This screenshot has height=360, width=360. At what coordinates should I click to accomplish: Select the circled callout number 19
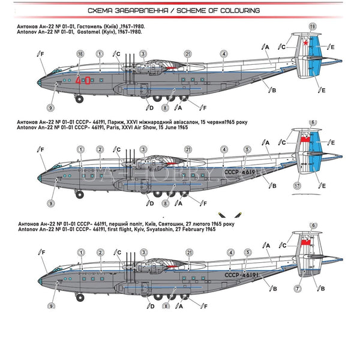[x=312, y=26]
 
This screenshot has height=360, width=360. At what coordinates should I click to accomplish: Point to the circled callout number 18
[x=80, y=54]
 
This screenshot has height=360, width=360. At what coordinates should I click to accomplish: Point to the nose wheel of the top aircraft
[x=79, y=98]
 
